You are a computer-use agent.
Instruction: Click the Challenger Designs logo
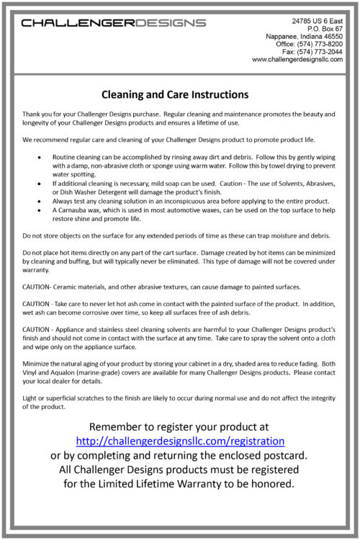point(114,23)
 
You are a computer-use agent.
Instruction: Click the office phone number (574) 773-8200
point(321,44)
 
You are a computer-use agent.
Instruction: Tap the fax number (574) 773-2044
point(321,52)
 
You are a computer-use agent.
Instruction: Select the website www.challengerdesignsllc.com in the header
point(297,60)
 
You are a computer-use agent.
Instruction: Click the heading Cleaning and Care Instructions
point(175,94)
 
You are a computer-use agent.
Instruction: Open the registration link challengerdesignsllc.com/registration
point(180,440)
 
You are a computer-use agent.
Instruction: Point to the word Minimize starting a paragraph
point(37,364)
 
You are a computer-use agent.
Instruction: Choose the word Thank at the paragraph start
point(32,114)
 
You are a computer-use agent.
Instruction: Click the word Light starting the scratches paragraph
point(30,399)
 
